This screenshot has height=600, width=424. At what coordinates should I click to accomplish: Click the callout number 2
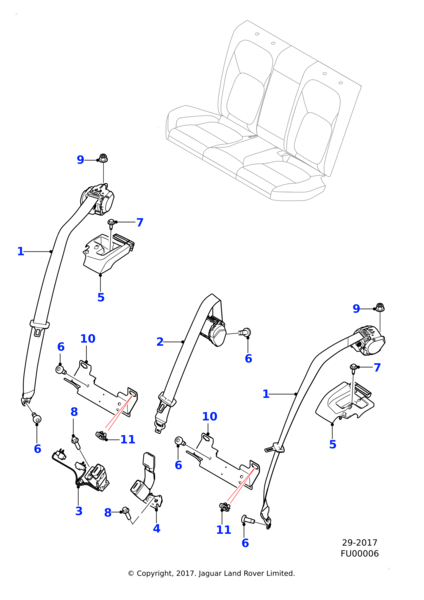160,342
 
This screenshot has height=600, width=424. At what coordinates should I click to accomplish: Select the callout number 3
79,511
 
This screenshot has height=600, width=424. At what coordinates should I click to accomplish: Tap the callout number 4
157,528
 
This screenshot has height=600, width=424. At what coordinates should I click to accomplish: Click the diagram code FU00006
359,554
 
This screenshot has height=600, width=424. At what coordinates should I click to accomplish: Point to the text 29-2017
359,543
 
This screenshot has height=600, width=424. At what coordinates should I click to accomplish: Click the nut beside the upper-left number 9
103,158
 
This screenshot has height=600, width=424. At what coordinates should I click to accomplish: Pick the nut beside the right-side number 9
380,307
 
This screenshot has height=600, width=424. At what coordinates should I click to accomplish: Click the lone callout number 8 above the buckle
74,412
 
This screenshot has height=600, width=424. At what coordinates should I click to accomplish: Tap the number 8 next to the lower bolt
108,512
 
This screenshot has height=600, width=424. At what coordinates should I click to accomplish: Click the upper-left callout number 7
140,222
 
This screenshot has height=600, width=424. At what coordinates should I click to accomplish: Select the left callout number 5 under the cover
101,297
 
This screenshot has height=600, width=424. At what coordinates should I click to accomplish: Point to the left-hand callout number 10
88,339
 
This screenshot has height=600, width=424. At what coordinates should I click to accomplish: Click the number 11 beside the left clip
128,439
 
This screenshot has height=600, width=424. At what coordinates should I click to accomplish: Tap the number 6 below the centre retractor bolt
248,359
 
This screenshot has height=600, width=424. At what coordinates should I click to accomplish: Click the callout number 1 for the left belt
21,251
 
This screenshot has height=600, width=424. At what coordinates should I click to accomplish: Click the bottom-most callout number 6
245,543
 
